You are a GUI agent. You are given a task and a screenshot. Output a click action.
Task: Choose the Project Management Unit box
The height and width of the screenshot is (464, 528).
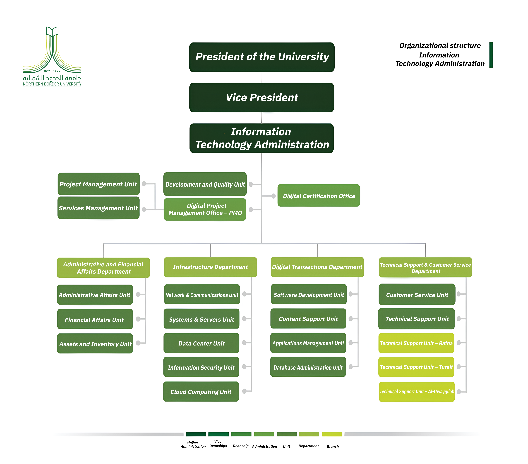point(98,184)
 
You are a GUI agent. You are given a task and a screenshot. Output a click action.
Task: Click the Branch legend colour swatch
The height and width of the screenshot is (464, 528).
point(332,434)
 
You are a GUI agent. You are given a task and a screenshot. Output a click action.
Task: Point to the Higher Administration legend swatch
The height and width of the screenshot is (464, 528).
point(196,434)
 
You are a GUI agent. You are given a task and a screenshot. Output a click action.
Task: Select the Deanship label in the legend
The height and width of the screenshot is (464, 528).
point(240,446)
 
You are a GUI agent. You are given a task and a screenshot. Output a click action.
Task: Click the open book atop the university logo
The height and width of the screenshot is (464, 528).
point(52,31)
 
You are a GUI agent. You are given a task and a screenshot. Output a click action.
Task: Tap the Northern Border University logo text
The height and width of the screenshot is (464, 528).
point(52,84)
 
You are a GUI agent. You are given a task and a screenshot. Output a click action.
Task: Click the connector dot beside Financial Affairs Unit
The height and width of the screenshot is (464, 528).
point(138,319)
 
